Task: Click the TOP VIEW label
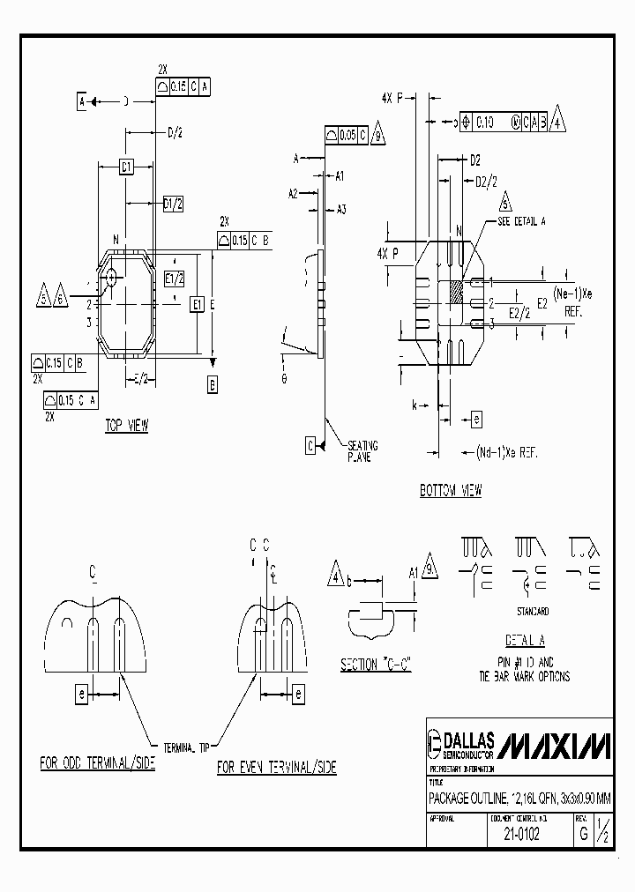tap(127, 426)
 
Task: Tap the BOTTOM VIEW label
tap(451, 491)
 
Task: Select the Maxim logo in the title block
tap(554, 746)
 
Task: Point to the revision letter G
tap(582, 833)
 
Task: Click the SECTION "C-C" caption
tap(377, 665)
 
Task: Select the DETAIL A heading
tap(525, 641)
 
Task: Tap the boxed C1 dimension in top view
tap(126, 166)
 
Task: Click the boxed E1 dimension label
tap(198, 304)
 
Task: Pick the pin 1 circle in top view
tap(112, 277)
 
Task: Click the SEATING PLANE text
tap(359, 451)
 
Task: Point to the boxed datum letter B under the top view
tap(213, 383)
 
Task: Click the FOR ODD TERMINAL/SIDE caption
tap(97, 763)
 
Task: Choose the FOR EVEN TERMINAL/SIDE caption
tap(277, 768)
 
